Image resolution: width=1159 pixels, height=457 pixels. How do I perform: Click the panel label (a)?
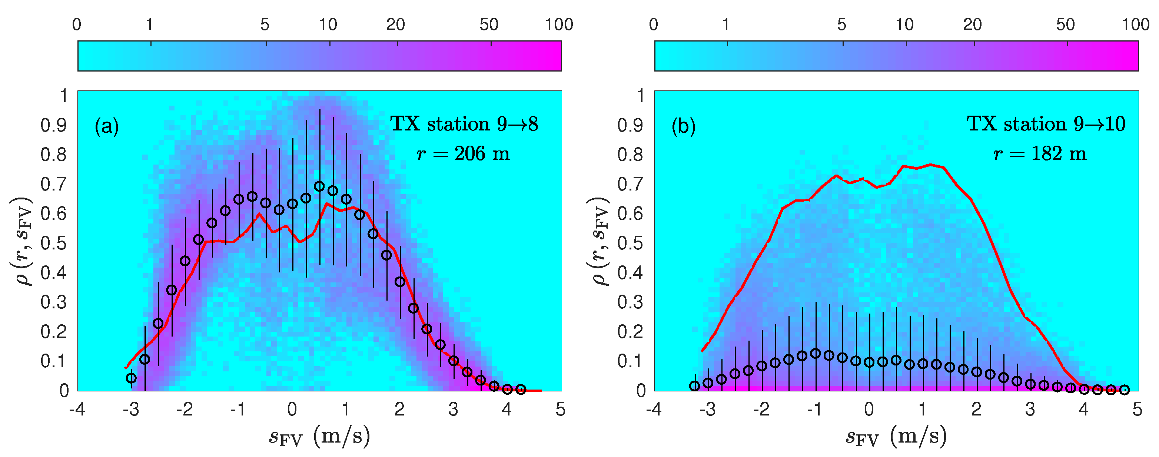click(x=107, y=126)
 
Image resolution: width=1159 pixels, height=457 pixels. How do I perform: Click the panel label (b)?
click(x=683, y=126)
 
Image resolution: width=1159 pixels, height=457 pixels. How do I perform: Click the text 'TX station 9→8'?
click(x=464, y=124)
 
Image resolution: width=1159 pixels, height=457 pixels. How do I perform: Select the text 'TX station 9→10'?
click(x=1046, y=124)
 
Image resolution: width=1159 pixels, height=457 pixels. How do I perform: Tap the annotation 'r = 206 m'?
click(x=464, y=154)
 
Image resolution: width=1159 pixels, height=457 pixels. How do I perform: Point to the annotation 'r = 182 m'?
click(x=1040, y=154)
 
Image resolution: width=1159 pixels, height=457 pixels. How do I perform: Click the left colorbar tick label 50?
click(x=489, y=25)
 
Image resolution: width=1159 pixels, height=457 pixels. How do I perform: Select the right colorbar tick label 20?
click(x=972, y=25)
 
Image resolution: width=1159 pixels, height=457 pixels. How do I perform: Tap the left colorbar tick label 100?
click(x=559, y=25)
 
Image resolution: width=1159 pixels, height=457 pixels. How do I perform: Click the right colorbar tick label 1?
click(x=726, y=25)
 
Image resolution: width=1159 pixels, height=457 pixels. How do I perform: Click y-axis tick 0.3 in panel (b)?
click(x=630, y=302)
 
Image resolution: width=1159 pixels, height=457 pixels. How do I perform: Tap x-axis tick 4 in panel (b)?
click(x=1083, y=409)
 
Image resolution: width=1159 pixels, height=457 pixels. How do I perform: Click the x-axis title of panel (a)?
click(x=319, y=436)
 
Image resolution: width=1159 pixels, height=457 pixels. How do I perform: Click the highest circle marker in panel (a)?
click(x=319, y=186)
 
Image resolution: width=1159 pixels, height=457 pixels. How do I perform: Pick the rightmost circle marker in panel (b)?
click(x=1124, y=390)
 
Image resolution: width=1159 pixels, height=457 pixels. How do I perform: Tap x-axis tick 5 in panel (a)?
click(x=560, y=409)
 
